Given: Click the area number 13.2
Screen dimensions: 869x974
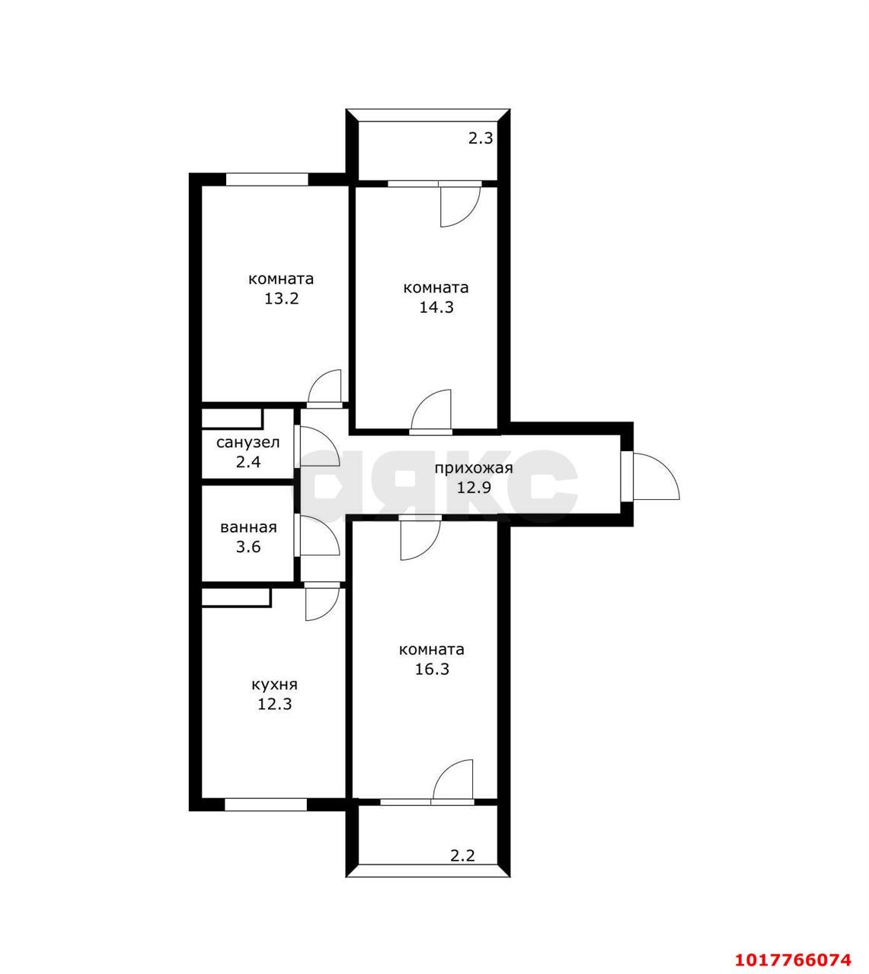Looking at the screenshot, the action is coord(282,298).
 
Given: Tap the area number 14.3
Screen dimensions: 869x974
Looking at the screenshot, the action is coord(436,307).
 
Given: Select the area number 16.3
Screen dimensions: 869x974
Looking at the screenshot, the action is coord(432,669).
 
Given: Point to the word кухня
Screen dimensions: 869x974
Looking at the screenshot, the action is coord(275,685).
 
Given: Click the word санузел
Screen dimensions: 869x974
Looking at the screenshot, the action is coord(248,442).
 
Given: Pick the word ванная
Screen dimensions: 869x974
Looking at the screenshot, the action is coord(248,527).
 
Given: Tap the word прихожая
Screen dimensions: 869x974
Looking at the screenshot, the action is coord(474,468).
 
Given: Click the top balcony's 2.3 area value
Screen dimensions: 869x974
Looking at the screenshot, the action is coord(481,138).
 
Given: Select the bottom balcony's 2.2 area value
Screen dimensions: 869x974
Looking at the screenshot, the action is coord(462,855).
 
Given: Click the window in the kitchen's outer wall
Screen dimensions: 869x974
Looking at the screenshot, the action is coord(266,804).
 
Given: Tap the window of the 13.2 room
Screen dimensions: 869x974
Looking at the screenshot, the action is coord(267,179).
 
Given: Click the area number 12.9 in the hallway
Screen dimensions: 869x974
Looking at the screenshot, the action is coord(474,488).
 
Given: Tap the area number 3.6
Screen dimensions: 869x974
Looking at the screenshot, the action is coord(248,546).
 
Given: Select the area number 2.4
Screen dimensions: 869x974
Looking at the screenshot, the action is coord(248,462).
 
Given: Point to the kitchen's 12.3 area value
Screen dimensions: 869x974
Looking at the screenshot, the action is coord(275,705).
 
